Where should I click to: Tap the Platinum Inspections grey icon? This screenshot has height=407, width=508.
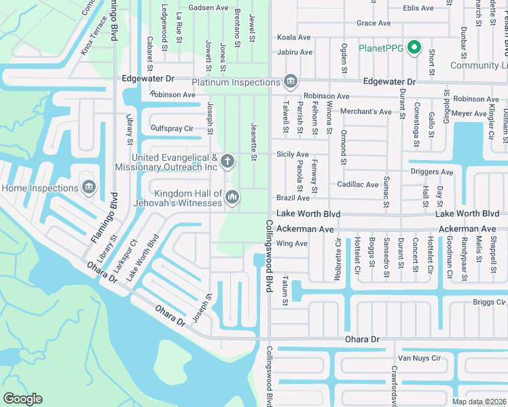pos(291,81)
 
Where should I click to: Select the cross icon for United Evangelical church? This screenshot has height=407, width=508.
pos(228,161)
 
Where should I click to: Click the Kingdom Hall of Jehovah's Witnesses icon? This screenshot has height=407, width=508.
pos(232,197)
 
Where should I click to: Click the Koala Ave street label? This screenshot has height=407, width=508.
pos(293,37)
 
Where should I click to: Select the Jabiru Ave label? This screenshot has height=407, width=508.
pos(295,52)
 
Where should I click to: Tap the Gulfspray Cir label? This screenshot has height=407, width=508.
pos(172,128)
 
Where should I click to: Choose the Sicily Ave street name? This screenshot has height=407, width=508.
pos(293,155)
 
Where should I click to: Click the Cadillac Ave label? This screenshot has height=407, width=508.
pos(358,185)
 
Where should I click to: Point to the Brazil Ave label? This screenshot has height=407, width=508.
pos(293,198)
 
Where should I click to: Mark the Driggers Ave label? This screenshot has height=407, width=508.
pos(432,172)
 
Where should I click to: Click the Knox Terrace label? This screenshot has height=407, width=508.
pos(93,38)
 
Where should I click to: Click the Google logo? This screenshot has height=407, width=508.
pos(23,399)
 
